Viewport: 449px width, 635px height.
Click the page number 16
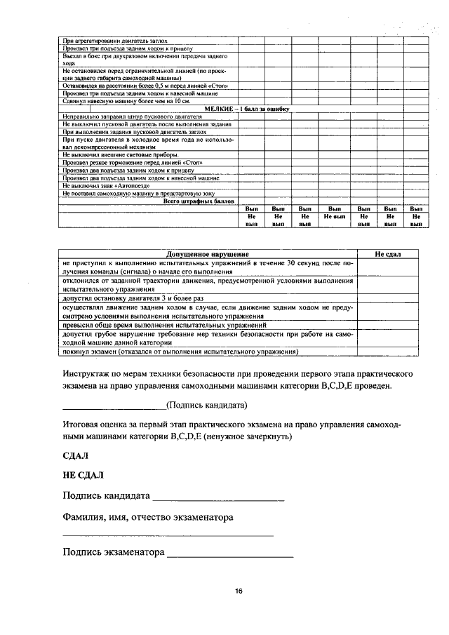coord(239,591)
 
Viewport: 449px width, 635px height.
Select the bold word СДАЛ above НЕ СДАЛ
coord(75,456)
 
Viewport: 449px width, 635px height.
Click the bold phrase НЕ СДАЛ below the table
coord(83,476)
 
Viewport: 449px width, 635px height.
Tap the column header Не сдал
coord(387,253)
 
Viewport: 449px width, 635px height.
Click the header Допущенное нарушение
coord(208,253)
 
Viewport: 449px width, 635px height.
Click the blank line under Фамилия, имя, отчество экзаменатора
coord(168,536)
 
